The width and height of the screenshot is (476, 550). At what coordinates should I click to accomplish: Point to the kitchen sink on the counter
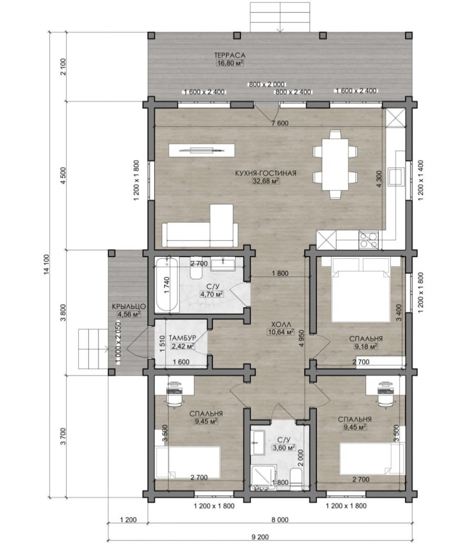coord(395,177)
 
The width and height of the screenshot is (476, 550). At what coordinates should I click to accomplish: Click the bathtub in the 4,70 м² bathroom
coord(167,285)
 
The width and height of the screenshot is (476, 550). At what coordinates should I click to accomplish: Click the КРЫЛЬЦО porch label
coord(129,306)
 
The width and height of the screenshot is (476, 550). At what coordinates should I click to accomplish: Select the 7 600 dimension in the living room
coord(279,123)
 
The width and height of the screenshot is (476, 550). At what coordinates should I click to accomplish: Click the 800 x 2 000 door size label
coord(267,84)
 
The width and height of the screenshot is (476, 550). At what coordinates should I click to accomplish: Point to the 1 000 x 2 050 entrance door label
coord(118,342)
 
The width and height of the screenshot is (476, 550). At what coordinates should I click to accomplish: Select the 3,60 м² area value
coord(284,447)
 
